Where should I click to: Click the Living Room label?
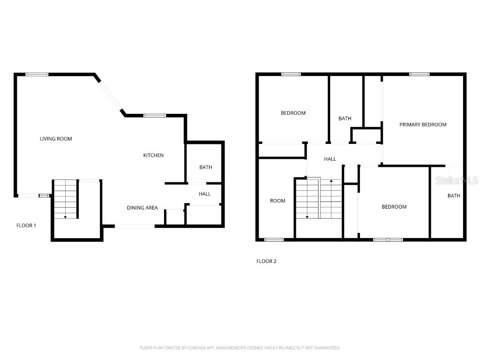tap(56, 139)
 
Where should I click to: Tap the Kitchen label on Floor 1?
tap(153, 155)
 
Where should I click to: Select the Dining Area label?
tap(142, 208)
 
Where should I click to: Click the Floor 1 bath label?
tap(205, 167)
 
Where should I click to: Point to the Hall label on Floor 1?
tap(204, 194)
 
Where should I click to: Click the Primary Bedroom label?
tap(423, 125)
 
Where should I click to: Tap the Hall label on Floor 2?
tap(330, 159)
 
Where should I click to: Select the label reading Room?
tap(277, 201)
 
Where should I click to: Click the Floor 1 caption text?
tap(26, 225)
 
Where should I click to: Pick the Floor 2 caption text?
tap(266, 262)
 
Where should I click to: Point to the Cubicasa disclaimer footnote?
tap(240, 348)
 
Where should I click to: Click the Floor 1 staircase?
tap(65, 199)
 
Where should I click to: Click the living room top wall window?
tap(37, 74)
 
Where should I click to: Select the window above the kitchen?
tap(155, 115)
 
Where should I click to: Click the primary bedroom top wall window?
tap(419, 74)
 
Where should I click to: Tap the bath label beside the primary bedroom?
tap(453, 196)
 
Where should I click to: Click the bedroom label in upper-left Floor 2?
tap(293, 113)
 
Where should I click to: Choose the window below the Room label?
tap(274, 240)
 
